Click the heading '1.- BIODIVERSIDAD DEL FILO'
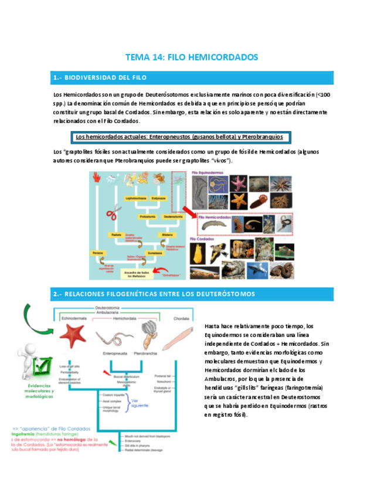(99, 77)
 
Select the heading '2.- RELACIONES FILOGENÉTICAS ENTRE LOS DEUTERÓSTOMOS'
(153, 293)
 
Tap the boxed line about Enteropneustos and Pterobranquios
(179, 137)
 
